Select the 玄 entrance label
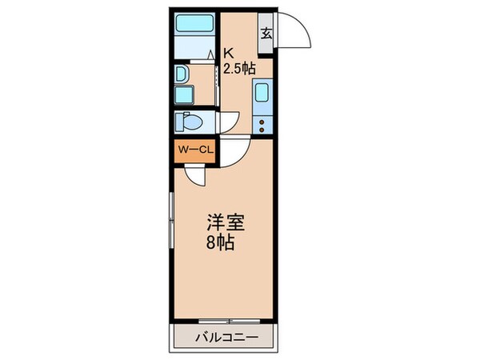(x=266, y=34)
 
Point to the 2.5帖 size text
(x=239, y=69)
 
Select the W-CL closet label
(x=193, y=150)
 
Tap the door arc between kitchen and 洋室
(x=234, y=151)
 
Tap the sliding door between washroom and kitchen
(x=218, y=84)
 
